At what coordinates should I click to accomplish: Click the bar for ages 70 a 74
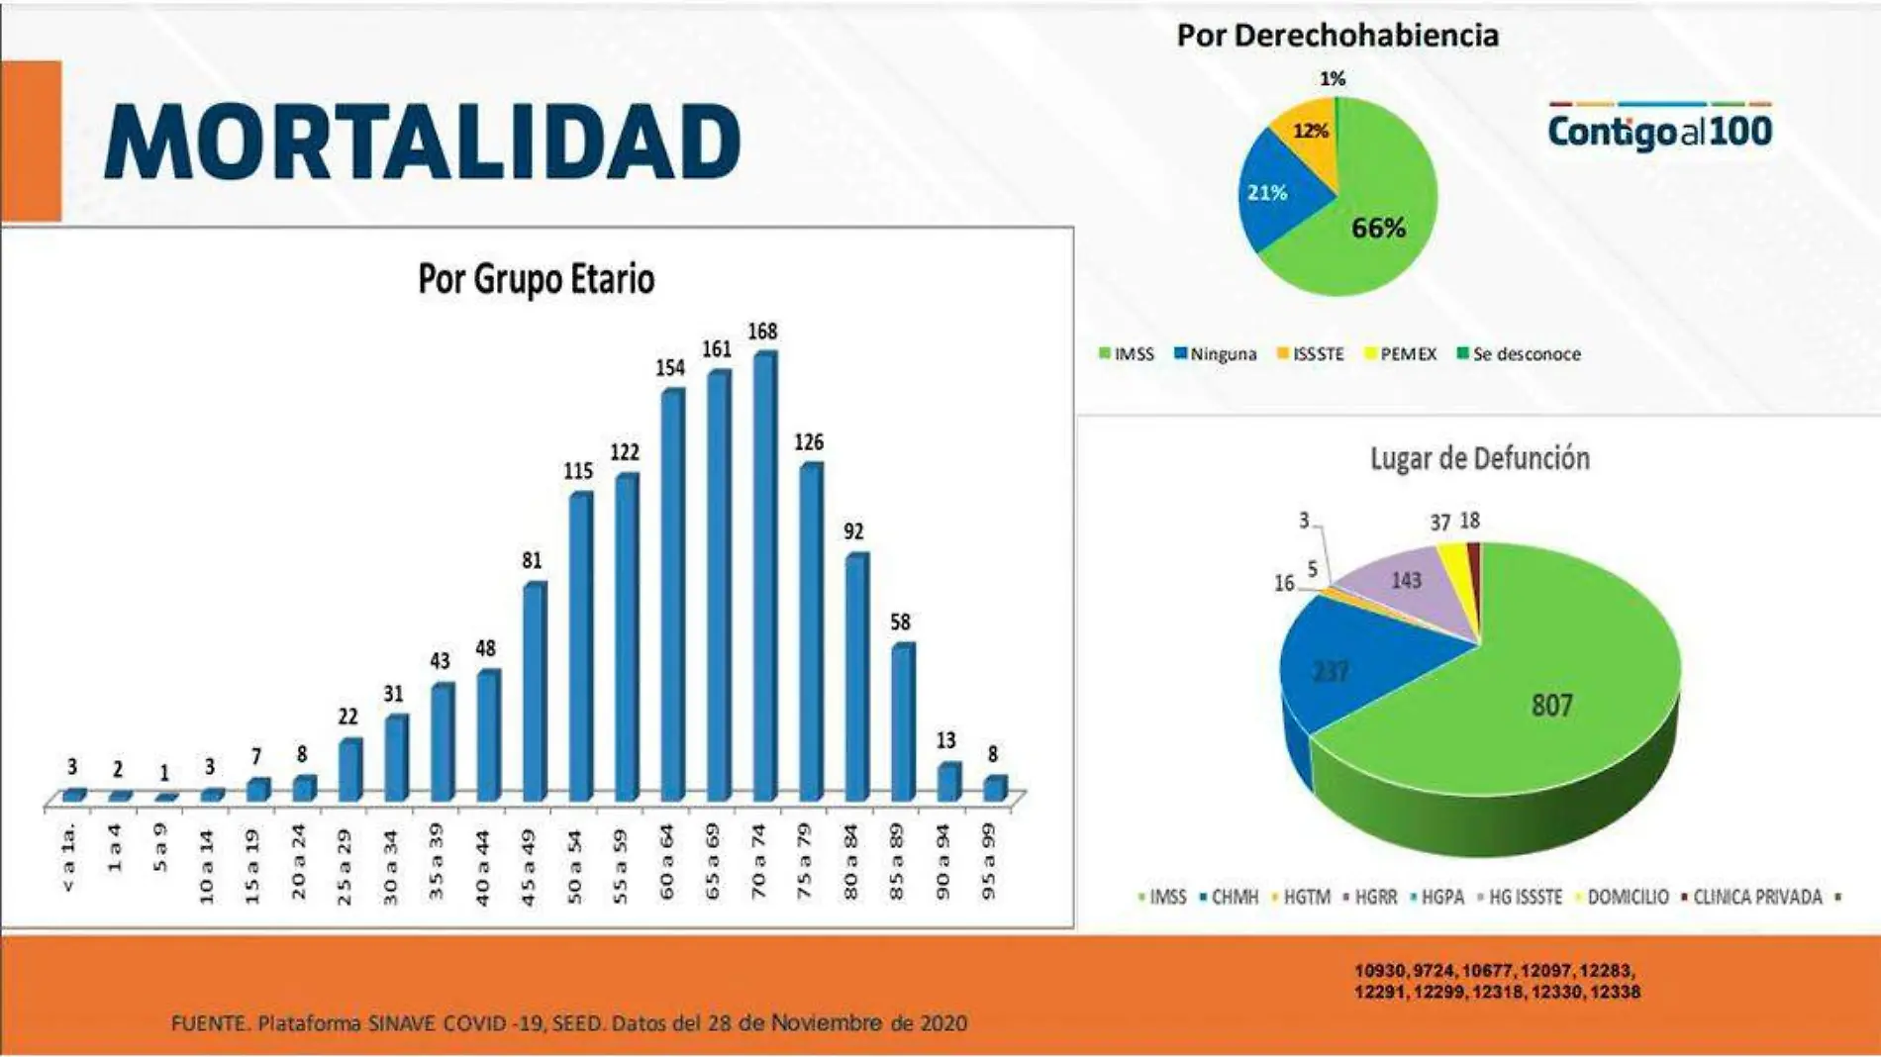[x=764, y=579]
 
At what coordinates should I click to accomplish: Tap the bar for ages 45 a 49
[x=534, y=693]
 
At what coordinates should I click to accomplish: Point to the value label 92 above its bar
[x=853, y=531]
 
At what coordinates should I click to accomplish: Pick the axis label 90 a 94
[x=942, y=862]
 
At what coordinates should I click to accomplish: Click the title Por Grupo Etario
[x=536, y=279]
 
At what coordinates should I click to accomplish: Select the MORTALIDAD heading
[x=422, y=143]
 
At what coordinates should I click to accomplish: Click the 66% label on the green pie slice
[x=1378, y=229]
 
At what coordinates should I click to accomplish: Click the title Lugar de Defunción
[x=1479, y=459]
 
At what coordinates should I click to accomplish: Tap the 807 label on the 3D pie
[x=1551, y=706]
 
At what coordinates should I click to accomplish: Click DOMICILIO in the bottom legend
[x=1628, y=898]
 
